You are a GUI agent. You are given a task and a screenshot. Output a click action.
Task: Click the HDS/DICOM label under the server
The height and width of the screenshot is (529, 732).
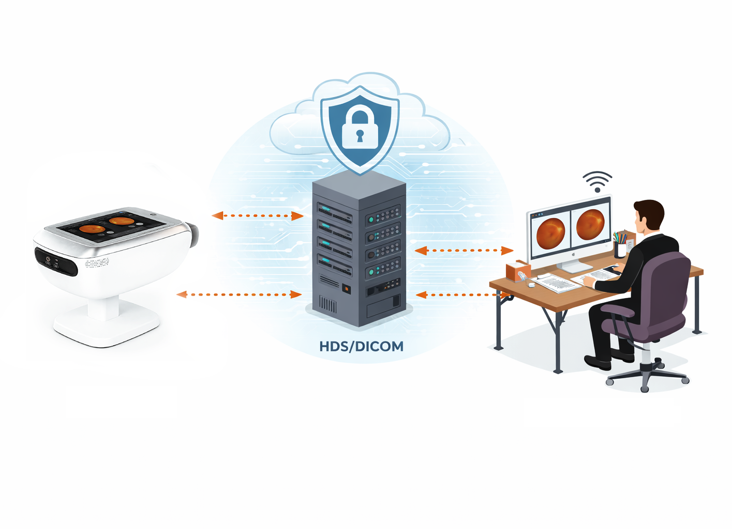coord(361,346)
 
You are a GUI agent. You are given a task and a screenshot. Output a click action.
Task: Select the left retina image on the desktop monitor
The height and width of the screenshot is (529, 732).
coord(550,232)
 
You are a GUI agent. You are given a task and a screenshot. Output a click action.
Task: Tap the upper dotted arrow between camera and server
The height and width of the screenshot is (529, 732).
coord(258,215)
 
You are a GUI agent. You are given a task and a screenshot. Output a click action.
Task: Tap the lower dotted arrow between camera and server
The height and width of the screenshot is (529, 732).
coord(239,294)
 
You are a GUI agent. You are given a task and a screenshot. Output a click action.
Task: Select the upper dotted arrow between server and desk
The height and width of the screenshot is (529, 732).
coord(464,251)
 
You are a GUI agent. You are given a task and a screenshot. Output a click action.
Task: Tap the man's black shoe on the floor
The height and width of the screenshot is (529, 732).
coord(598,362)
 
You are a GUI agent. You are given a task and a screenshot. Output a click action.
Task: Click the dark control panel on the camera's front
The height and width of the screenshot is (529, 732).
coord(56,261)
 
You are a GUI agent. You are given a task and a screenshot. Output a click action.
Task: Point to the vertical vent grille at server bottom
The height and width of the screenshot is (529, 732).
coord(327,304)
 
